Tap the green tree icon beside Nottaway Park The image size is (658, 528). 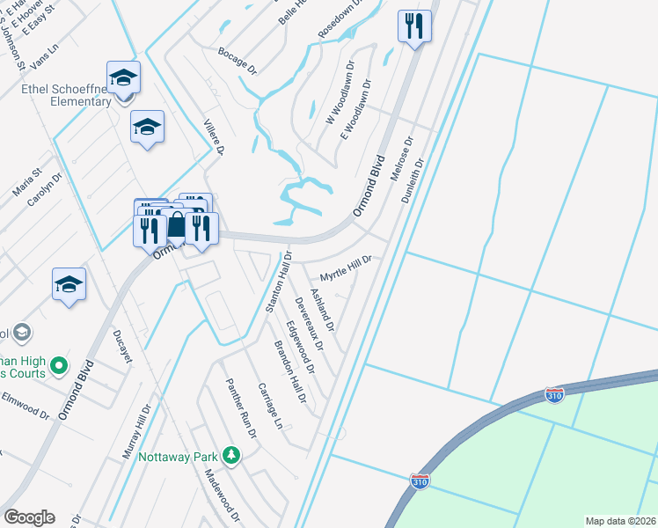[230, 455]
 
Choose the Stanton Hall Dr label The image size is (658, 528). [278, 282]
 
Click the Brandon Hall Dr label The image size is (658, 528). [289, 371]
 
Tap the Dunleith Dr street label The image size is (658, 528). [413, 181]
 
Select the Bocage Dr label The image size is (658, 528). [237, 59]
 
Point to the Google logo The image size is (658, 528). [29, 517]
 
